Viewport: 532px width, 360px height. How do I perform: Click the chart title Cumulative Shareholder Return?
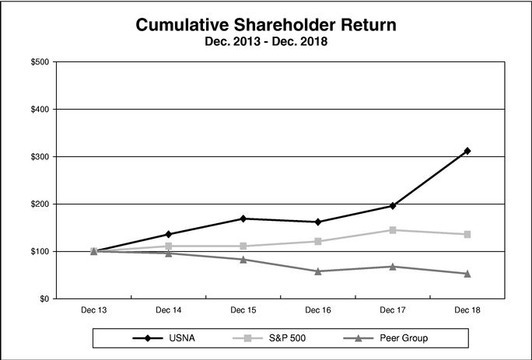(x=266, y=25)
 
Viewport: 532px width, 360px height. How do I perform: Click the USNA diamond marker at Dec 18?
(x=467, y=151)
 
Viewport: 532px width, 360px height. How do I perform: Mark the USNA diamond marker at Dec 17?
(x=393, y=206)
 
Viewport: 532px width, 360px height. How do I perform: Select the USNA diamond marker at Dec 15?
(x=243, y=218)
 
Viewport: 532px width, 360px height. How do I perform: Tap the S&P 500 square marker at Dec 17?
(x=393, y=230)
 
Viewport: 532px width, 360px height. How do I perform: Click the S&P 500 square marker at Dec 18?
(x=467, y=234)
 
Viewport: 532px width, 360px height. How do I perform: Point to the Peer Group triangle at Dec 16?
(x=318, y=271)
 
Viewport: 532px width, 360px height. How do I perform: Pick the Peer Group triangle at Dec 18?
(x=467, y=274)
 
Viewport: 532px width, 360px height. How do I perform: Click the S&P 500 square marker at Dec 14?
(x=168, y=246)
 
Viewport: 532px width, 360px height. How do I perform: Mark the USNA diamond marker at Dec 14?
(x=168, y=234)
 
